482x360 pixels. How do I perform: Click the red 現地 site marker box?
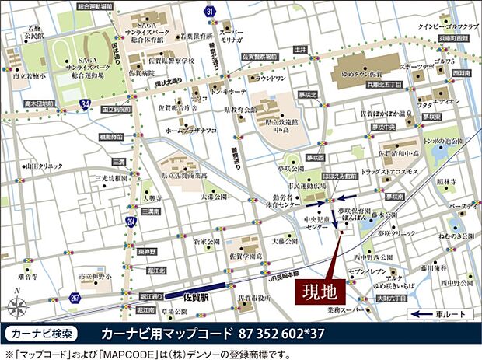319,294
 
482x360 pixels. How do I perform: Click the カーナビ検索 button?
43,334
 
